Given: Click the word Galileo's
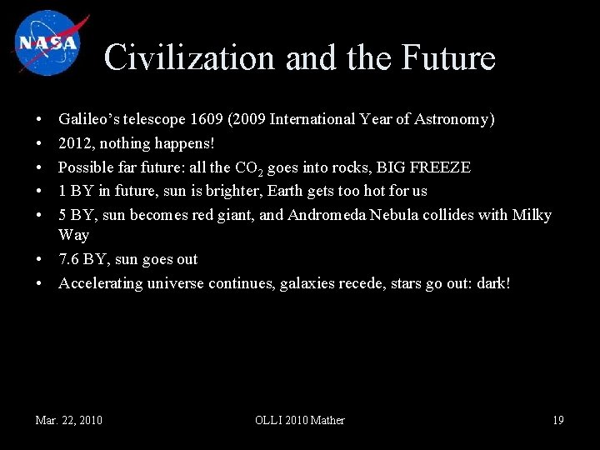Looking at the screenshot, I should pos(90,120).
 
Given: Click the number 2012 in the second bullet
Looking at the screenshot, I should pos(74,144).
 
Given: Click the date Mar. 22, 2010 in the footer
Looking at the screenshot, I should pos(69,420).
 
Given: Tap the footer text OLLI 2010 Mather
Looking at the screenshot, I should pos(299,420).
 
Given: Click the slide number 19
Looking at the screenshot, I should pos(558,420).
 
